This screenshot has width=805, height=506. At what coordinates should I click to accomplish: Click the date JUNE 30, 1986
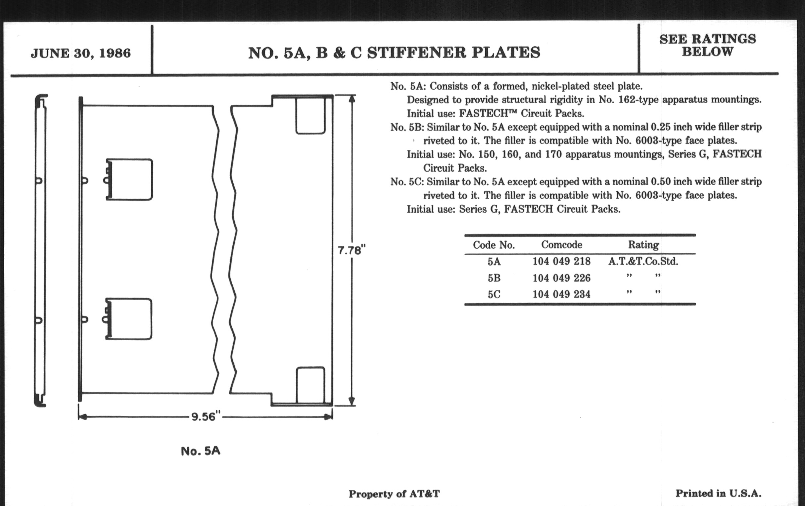click(80, 54)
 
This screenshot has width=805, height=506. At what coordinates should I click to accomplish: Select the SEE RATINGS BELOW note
click(707, 45)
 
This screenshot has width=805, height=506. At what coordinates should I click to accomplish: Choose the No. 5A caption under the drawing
click(201, 451)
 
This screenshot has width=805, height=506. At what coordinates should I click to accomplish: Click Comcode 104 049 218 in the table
click(561, 261)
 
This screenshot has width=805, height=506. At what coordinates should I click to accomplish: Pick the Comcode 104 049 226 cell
click(561, 278)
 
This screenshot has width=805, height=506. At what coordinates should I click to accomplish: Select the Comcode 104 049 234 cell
click(561, 294)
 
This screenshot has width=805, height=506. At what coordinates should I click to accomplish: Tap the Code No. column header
click(494, 245)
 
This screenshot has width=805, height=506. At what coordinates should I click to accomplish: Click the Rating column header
click(643, 245)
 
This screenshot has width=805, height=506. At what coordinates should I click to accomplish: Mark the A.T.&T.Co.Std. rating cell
click(643, 261)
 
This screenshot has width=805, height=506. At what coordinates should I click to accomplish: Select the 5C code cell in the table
click(494, 294)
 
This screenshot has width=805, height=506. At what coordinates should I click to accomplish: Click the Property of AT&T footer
click(394, 494)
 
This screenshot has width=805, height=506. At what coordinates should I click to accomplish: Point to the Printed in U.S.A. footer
click(718, 493)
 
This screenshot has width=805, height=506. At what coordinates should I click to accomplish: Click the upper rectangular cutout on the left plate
click(131, 179)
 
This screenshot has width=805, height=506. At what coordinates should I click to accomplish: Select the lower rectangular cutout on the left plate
click(131, 319)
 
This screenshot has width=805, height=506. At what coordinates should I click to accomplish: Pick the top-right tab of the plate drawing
click(310, 115)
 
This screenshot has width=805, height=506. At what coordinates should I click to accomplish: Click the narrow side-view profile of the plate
click(40, 250)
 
